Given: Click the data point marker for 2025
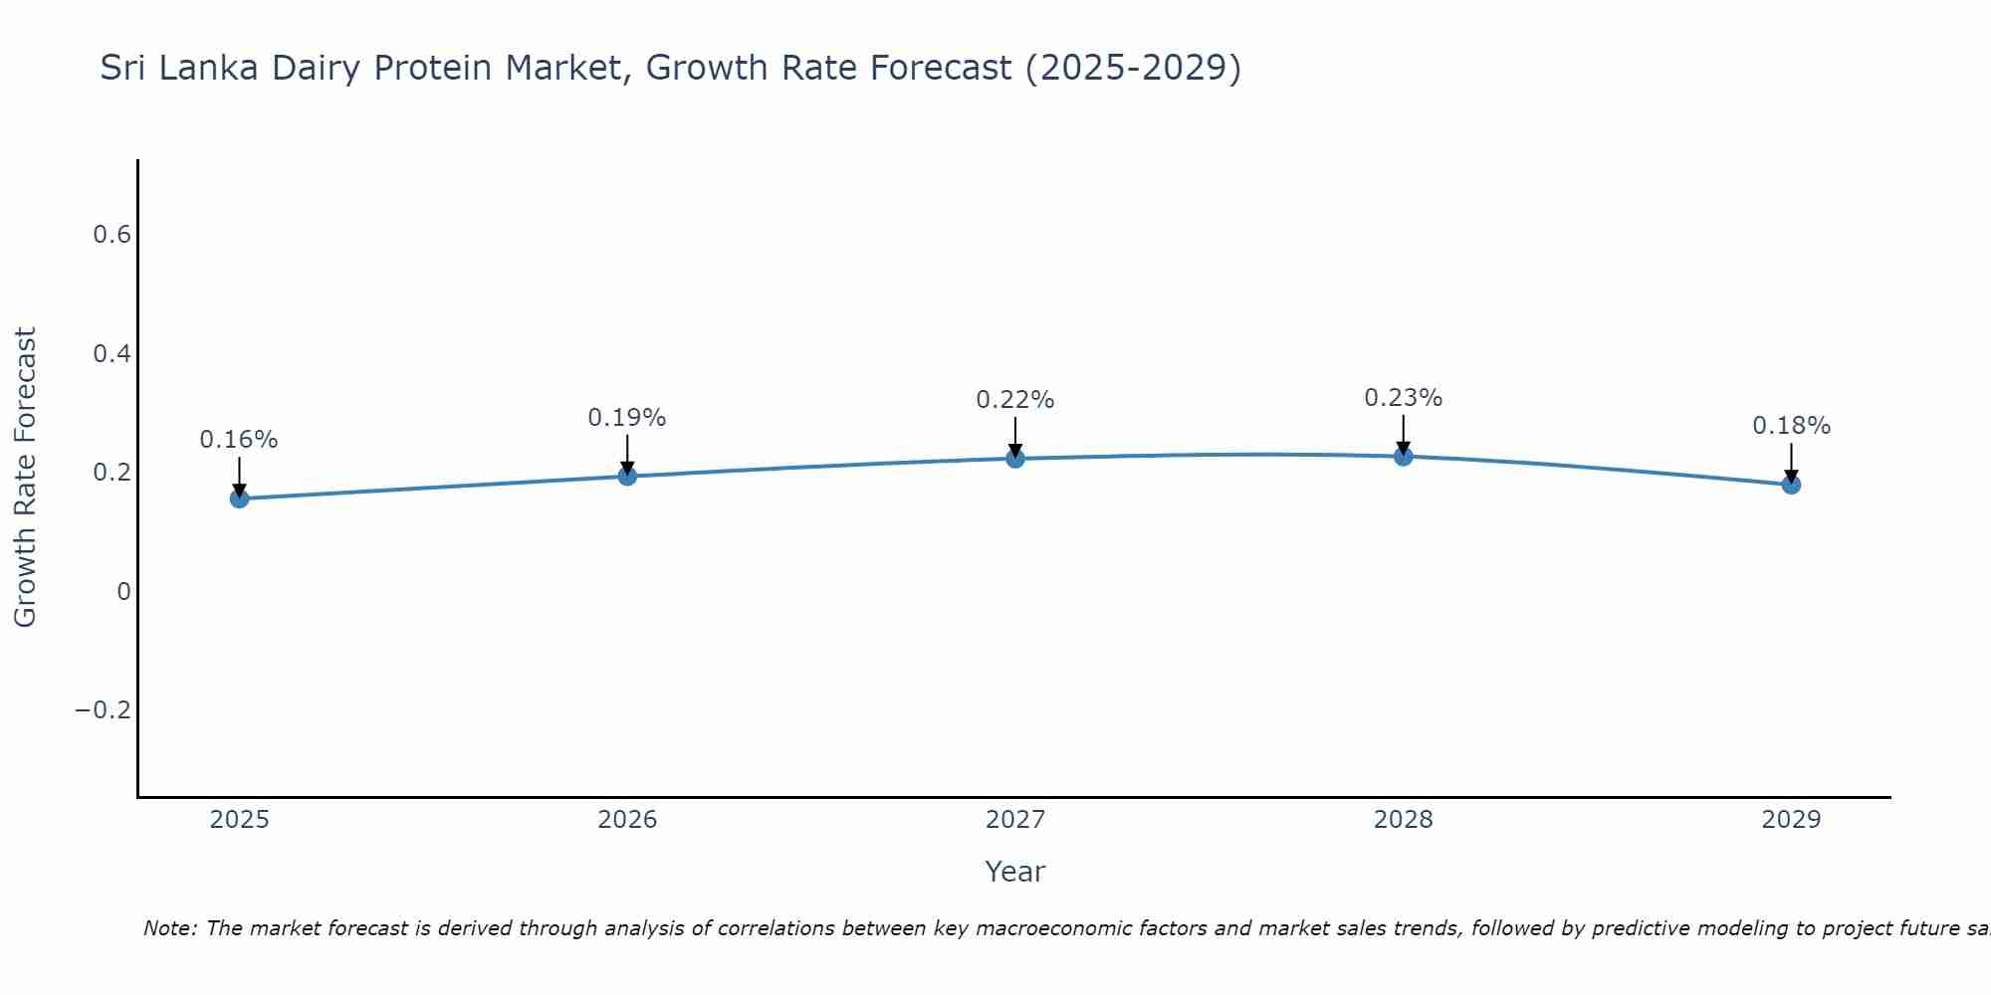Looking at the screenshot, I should (239, 498).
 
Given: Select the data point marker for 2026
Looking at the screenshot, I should (627, 476).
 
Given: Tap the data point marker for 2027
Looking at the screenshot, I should (1015, 459).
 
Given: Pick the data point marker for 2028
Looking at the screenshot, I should (1403, 457).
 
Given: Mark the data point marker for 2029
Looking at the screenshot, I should (1791, 485).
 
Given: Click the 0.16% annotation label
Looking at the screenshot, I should (239, 440).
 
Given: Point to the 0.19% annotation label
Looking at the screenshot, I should (627, 418).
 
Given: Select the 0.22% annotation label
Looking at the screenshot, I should (1015, 400).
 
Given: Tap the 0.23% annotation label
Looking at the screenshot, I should (1403, 398).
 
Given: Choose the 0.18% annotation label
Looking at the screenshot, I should (1791, 426).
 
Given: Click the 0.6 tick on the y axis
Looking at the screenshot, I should (111, 235).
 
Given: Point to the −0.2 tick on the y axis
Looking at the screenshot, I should (103, 710).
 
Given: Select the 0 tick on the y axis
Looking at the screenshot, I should (123, 592).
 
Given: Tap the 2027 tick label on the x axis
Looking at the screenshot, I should (1015, 820).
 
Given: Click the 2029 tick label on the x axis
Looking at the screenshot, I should (1791, 820).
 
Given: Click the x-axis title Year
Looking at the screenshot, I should (1015, 873).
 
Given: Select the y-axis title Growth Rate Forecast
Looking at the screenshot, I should (25, 478).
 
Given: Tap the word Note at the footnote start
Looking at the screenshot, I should (169, 929).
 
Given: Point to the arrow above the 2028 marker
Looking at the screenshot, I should (1403, 434).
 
